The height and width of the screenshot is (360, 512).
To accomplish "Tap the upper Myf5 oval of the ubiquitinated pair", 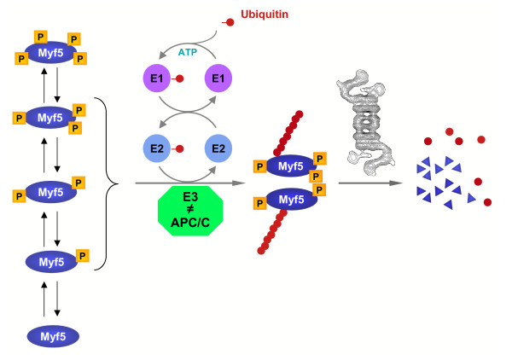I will pyautogui.click(x=288, y=167).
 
